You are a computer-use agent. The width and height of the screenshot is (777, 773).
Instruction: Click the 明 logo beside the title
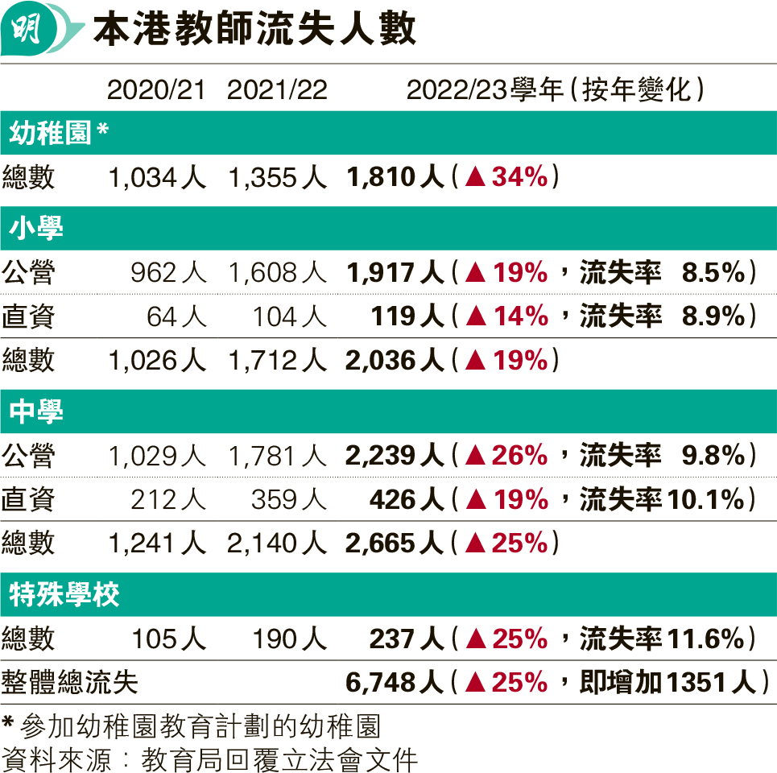click(x=31, y=31)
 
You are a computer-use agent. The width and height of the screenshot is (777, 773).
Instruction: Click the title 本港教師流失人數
click(x=254, y=31)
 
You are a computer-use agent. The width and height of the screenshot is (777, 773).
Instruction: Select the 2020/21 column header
click(x=156, y=90)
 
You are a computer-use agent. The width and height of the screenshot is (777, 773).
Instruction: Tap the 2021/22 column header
click(x=277, y=90)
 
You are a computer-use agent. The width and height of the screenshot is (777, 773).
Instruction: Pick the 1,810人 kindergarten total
click(x=395, y=177)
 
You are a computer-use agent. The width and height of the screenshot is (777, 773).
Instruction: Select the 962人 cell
click(x=167, y=273)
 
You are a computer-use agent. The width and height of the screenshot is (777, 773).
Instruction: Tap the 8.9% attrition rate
click(x=712, y=316)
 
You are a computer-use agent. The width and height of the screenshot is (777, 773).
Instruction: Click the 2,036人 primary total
click(x=395, y=360)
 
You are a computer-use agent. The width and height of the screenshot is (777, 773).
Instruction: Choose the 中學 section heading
click(x=37, y=412)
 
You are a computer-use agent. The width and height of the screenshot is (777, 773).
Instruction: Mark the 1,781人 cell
click(x=277, y=457)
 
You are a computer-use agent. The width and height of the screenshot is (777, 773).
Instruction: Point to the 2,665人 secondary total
click(x=395, y=544)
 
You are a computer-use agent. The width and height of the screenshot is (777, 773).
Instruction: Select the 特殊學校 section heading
click(x=64, y=596)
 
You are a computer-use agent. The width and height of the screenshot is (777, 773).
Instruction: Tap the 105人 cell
click(x=168, y=639)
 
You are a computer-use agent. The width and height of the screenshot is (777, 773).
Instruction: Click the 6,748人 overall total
click(x=395, y=683)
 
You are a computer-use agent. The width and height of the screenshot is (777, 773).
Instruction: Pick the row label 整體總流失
click(x=70, y=683)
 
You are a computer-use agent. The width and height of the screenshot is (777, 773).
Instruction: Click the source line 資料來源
click(x=210, y=759)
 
